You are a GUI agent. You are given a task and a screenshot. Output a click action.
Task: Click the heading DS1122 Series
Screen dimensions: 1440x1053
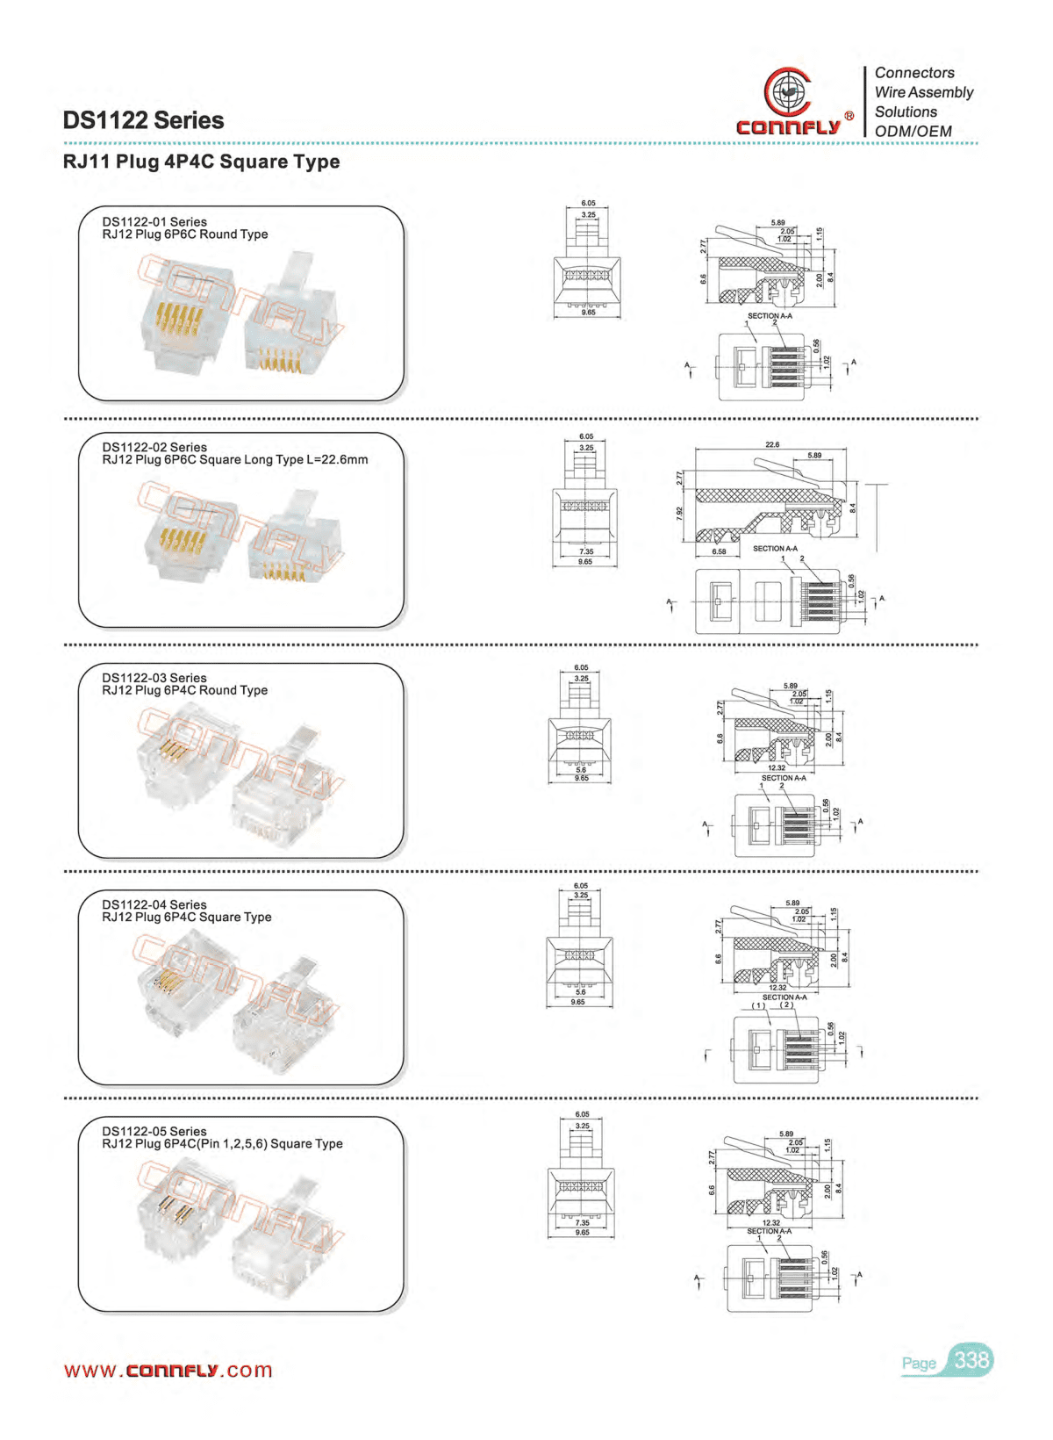(x=143, y=120)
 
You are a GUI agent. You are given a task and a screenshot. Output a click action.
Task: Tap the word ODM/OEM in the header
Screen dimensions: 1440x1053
(x=913, y=132)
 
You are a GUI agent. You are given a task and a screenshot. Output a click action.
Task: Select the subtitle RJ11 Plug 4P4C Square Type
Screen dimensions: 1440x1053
(x=201, y=162)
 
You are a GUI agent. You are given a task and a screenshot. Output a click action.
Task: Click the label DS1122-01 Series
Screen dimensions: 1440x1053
(x=154, y=222)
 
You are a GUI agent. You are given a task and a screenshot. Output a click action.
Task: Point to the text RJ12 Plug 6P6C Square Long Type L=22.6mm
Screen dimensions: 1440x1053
(x=235, y=460)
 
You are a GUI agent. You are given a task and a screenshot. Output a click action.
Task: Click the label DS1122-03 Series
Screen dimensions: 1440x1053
(x=154, y=678)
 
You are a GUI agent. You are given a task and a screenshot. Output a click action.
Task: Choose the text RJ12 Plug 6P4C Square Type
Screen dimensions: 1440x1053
(x=187, y=918)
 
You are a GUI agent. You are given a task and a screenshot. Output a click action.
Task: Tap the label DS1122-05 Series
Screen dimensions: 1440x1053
(x=154, y=1132)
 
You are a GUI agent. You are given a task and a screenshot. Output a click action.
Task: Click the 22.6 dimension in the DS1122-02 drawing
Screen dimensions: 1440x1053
(x=772, y=445)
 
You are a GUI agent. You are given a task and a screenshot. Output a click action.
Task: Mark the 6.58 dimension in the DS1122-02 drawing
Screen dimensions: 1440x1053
(x=719, y=551)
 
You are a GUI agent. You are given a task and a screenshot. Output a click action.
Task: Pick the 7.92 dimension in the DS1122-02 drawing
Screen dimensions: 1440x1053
(x=680, y=514)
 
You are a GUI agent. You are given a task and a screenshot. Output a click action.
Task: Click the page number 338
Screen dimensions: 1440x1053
(x=971, y=1360)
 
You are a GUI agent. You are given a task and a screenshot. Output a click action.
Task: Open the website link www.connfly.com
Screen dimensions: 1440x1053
(x=168, y=1371)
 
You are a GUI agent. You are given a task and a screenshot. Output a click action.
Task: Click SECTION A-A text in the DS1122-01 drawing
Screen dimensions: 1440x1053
(x=770, y=316)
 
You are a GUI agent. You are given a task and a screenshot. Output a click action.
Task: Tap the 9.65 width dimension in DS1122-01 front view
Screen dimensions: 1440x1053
(x=588, y=313)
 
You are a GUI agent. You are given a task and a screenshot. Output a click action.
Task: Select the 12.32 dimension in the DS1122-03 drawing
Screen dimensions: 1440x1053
(x=777, y=768)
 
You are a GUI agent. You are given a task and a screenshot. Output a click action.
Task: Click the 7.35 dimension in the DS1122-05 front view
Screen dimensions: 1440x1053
(x=583, y=1222)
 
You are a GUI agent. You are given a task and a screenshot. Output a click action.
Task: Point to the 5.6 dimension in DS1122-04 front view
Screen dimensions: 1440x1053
(x=580, y=992)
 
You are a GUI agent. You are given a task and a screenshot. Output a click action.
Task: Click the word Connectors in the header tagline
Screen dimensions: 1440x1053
(x=914, y=73)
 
